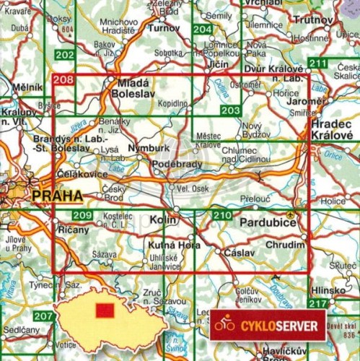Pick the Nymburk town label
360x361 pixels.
coord(141,148)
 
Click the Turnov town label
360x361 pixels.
coord(162,27)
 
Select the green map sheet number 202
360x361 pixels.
coord(64,56)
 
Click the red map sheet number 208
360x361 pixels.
coord(63,82)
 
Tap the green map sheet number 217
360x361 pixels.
coord(317,305)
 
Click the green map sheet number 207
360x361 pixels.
coord(43,317)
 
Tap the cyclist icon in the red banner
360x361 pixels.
coord(225,326)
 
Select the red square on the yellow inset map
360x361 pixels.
coord(105,310)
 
